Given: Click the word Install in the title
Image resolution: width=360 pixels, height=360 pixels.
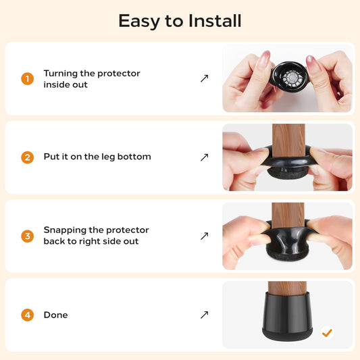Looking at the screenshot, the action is pos(215,21).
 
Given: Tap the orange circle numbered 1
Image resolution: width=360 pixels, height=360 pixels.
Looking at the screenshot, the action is pos(27,79).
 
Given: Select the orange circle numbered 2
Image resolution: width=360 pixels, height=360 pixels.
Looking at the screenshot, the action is pos(27,157).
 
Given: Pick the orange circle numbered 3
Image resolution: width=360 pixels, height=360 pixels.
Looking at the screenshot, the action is pos(27,236).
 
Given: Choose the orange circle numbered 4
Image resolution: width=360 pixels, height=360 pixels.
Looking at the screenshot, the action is pos(27,315).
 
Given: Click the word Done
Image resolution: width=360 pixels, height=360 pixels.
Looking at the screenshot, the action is pos(55,315).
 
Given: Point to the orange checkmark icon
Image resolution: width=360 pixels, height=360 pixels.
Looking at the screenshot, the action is pos(327,332).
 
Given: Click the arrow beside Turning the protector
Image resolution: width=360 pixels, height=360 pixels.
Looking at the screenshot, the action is pos(205,78).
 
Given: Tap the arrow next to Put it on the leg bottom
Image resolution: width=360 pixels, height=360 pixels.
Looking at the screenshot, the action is pos(205,157).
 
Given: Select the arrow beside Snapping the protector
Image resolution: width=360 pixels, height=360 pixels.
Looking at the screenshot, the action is pos(205,236).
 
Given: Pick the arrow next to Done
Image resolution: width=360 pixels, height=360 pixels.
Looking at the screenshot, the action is pos(205,315).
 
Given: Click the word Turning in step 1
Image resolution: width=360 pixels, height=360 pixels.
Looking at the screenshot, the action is pos(61,74).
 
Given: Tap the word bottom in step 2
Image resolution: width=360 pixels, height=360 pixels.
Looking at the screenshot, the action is pos(134,157).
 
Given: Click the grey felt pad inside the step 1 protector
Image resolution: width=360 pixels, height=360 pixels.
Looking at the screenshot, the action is pos(292,78).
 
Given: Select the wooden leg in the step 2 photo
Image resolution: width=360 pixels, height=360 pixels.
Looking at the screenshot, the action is pos(288,140).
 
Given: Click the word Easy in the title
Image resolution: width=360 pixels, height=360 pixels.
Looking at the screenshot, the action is pos(139,21).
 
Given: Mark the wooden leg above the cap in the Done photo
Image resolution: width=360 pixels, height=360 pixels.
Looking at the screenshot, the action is pos(287,288).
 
